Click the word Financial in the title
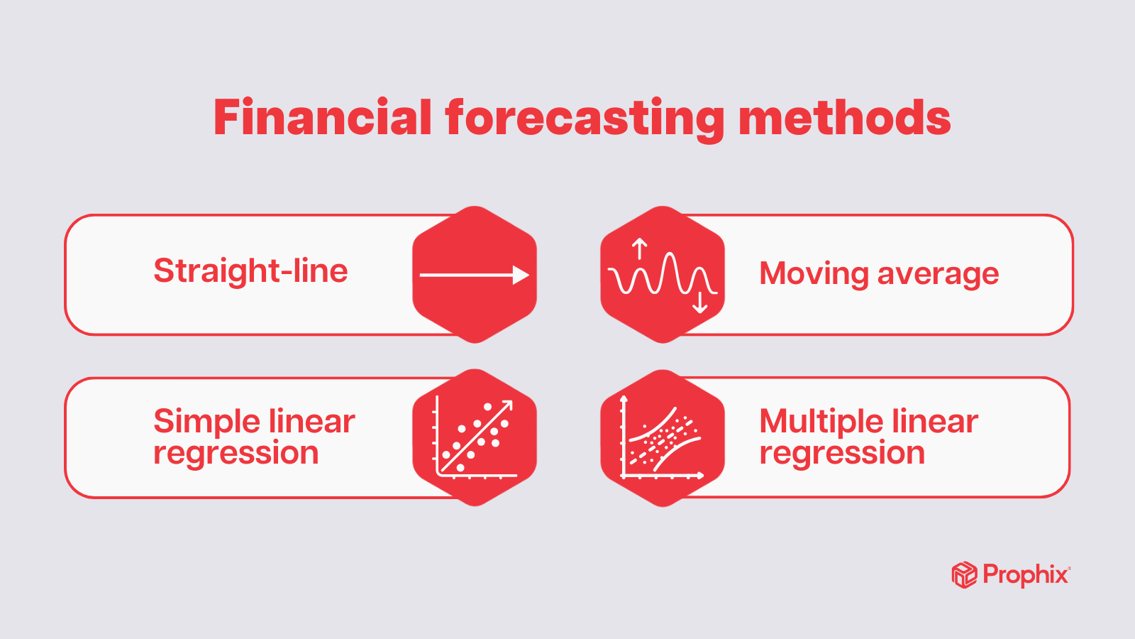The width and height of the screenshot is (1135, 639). (323, 118)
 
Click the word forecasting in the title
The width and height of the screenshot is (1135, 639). (585, 119)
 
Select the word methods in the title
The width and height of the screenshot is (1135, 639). (844, 118)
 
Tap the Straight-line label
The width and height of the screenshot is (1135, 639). (250, 271)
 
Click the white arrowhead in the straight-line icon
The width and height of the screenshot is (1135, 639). (521, 275)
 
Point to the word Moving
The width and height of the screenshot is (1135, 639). (814, 274)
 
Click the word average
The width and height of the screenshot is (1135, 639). (938, 274)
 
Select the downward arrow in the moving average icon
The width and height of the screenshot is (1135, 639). (700, 302)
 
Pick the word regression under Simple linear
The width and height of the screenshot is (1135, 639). (236, 453)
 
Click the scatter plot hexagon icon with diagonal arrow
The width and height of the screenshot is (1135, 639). (475, 437)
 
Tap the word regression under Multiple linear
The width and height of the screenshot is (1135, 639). (842, 453)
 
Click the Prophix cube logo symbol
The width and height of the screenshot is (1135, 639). (964, 574)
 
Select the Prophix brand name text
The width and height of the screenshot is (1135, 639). (1025, 574)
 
